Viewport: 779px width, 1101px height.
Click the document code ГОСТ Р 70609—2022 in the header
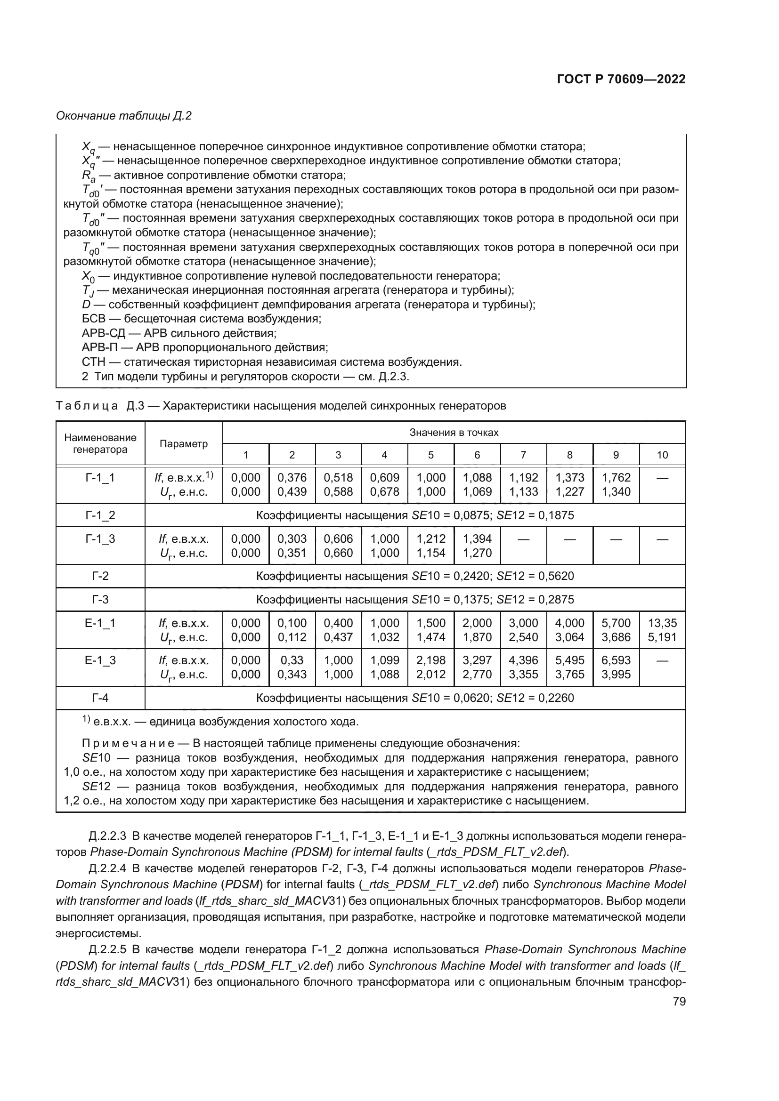[621, 79]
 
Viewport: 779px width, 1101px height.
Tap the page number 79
[679, 1001]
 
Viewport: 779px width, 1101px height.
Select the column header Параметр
[184, 443]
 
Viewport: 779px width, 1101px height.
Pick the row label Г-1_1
[100, 478]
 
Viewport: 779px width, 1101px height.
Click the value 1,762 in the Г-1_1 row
[616, 478]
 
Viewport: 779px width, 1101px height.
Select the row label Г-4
[100, 697]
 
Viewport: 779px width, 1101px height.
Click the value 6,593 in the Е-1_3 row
[616, 660]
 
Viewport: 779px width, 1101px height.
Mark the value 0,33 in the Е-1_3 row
[292, 660]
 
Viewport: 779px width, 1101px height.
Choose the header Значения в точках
[454, 433]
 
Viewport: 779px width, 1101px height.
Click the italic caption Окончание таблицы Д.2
[124, 116]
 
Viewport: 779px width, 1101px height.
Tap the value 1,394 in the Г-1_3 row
[477, 539]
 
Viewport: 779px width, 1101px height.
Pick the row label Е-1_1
[100, 623]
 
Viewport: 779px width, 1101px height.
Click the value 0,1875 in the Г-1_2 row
[556, 515]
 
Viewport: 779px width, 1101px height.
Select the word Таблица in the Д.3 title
[87, 406]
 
